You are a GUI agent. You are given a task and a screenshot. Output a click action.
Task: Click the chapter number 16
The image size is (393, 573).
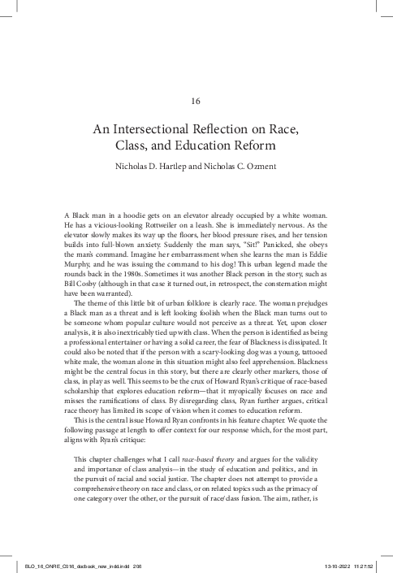click(196, 101)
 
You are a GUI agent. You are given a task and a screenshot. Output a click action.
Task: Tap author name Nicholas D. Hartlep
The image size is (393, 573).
click(158, 170)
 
